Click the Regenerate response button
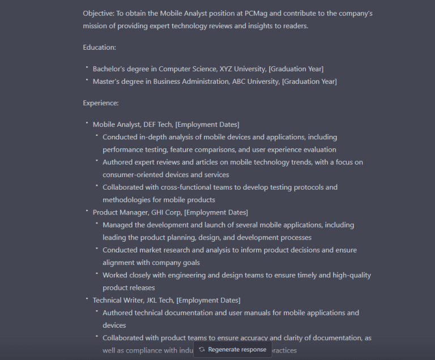tap(232, 349)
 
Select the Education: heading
tap(99, 47)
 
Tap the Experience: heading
tap(101, 103)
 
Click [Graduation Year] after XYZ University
tap(296, 69)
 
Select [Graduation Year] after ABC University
tap(309, 82)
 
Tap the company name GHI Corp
tap(167, 212)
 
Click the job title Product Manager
tap(120, 212)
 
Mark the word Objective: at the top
tap(99, 13)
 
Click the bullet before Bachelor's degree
tap(87, 68)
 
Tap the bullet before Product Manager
tap(87, 211)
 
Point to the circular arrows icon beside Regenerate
tap(202, 349)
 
